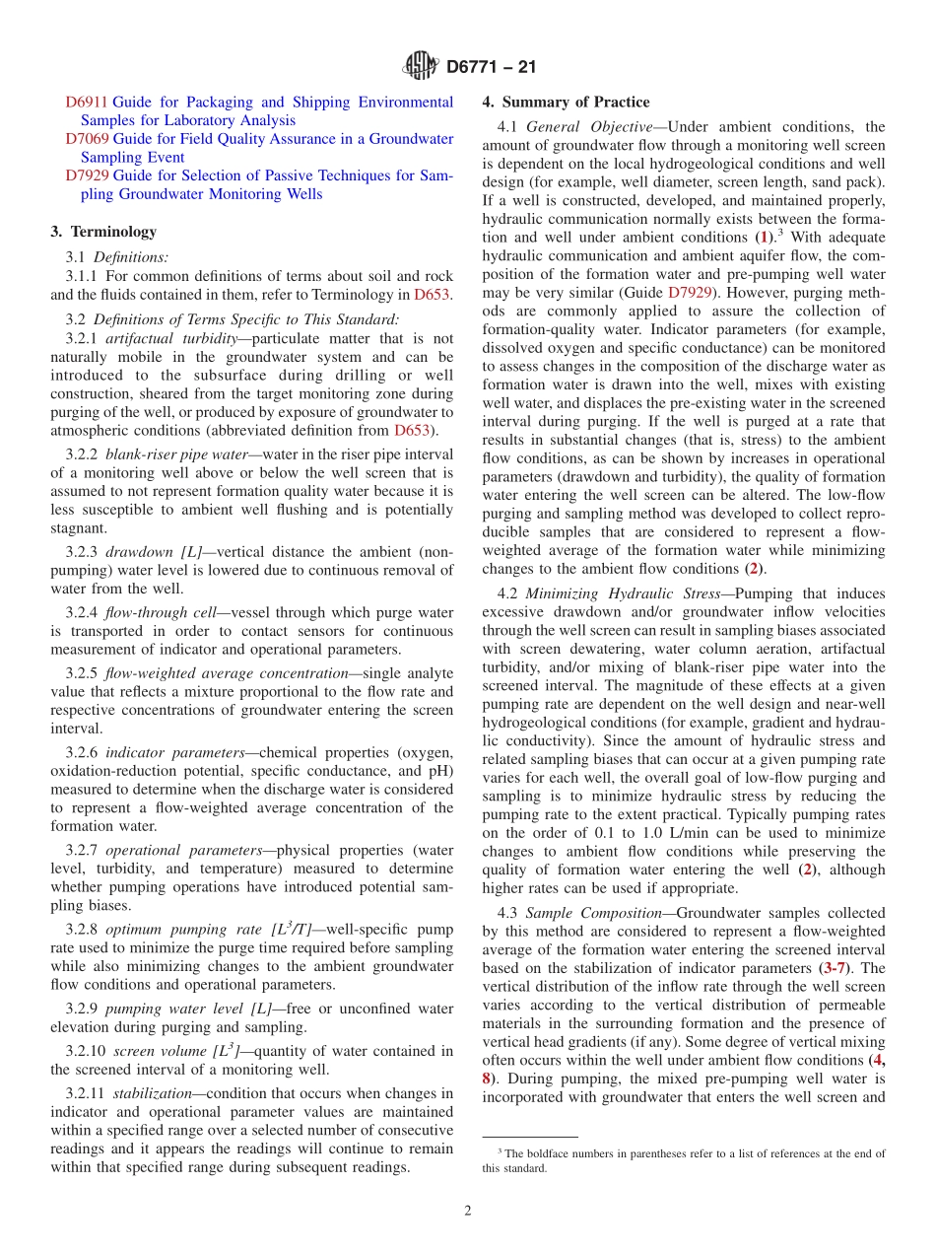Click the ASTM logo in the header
coord(421,68)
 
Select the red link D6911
coord(87,102)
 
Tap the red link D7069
coord(87,139)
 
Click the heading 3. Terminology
coord(103,232)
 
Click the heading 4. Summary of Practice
coord(566,102)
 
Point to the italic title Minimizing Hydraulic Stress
coord(622,593)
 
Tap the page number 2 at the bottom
coord(468,1211)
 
